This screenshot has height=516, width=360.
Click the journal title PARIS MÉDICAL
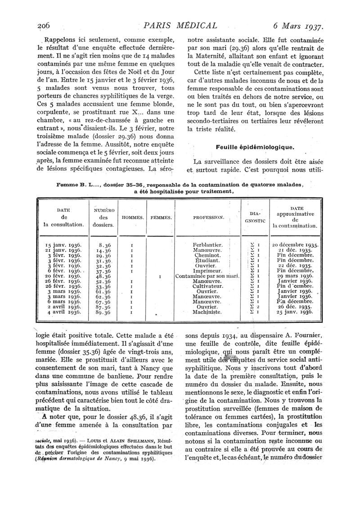click(180, 26)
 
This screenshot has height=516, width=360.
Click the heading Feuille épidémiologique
click(255, 147)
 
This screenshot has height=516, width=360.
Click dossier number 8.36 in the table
click(104, 245)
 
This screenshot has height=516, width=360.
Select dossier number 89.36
click(104, 312)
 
